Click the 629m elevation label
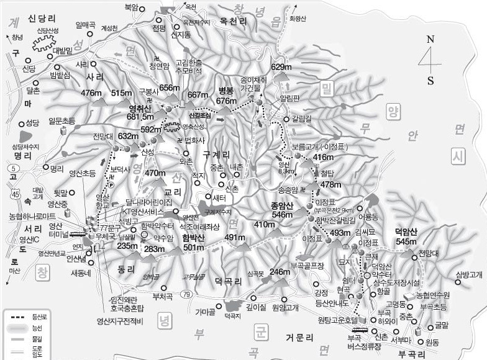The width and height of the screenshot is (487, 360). (281, 67)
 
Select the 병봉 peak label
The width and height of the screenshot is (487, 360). (227, 91)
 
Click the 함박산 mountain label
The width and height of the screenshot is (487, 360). (193, 238)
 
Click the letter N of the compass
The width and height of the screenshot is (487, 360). (430, 38)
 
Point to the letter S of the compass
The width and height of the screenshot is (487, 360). (430, 81)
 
